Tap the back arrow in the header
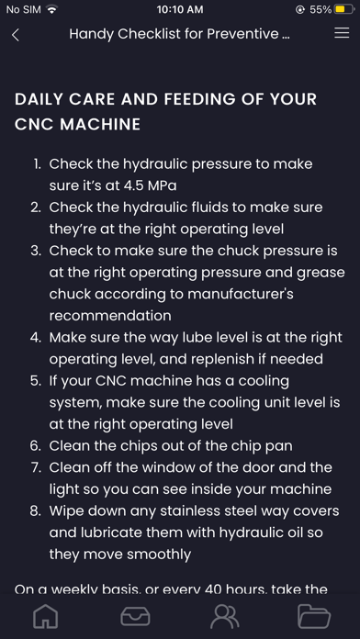pos(16,35)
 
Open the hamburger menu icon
pos(342,33)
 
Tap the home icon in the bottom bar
pos(46,616)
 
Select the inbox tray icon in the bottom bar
pos(135,616)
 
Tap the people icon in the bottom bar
pos(225,617)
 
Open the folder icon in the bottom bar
pos(314,616)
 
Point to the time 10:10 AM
pos(180,9)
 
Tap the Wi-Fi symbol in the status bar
pos(51,9)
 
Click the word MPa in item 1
pos(162,185)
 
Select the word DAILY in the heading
pos(39,99)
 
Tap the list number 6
pos(35,446)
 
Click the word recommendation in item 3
pos(110,316)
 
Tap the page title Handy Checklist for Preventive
pos(179,34)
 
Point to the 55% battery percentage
pos(321,9)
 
